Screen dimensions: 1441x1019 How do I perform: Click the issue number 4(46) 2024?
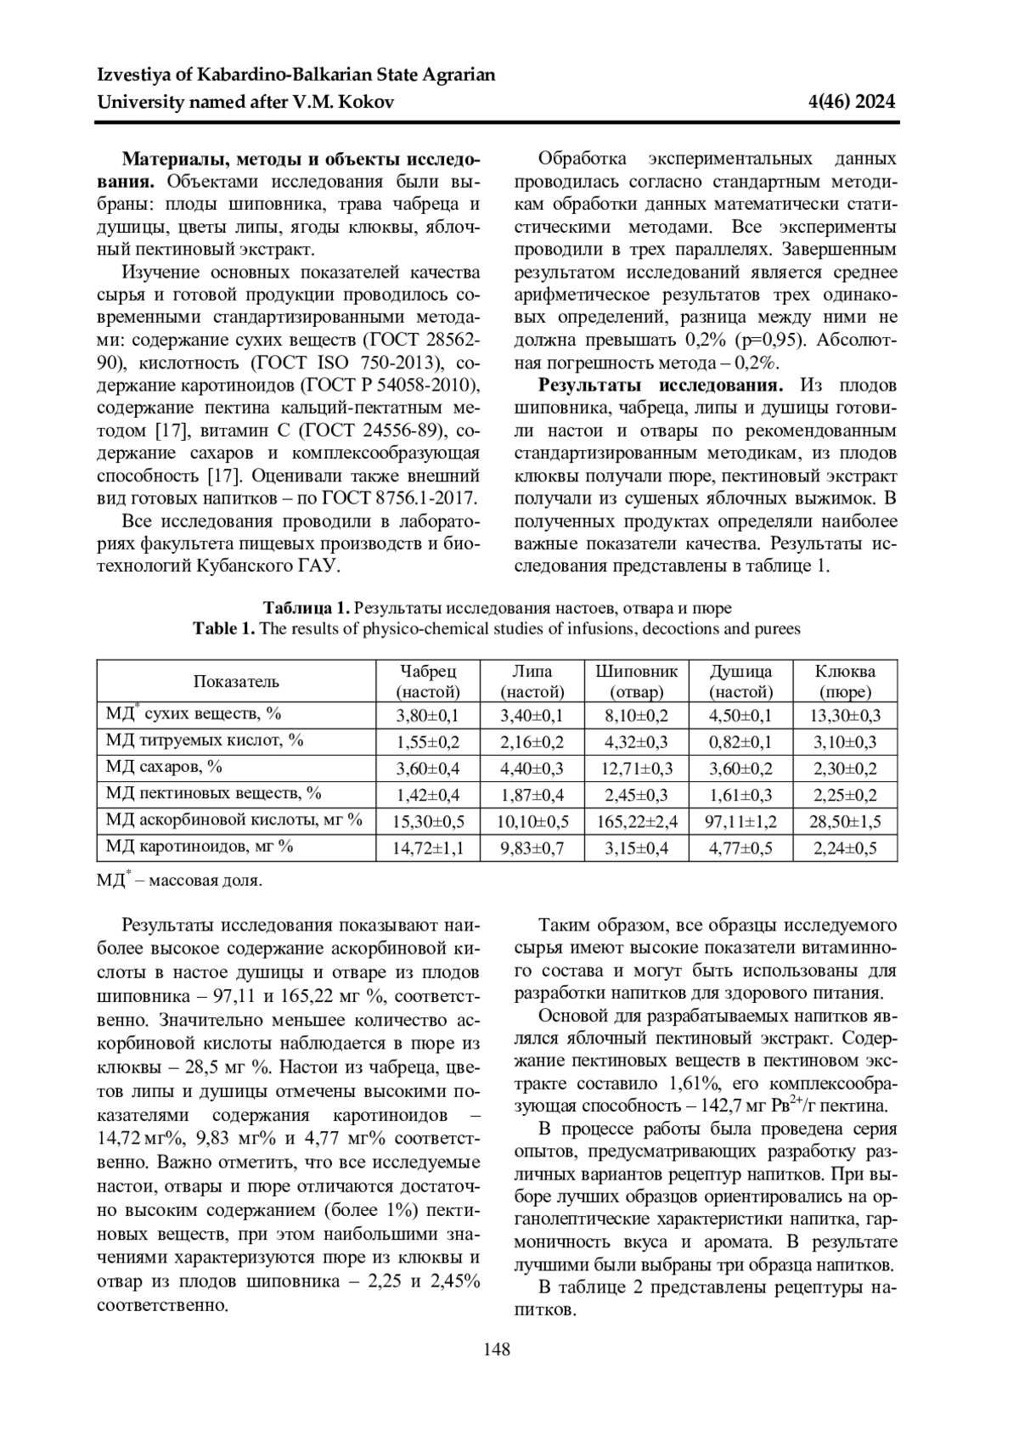click(853, 103)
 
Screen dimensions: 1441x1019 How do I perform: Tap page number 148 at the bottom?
click(497, 1348)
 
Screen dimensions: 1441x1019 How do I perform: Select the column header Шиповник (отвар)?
click(636, 681)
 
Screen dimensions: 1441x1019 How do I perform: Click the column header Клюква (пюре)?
click(845, 681)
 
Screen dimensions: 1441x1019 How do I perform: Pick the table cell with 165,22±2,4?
click(636, 821)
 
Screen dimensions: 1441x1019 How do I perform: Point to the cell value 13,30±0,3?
click(845, 715)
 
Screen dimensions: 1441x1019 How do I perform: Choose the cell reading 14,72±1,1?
click(428, 847)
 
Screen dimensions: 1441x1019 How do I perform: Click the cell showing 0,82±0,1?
click(740, 742)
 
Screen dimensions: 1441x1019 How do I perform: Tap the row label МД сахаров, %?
click(164, 767)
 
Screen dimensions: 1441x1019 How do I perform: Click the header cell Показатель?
click(236, 681)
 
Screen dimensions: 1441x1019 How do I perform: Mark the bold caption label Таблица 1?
click(307, 608)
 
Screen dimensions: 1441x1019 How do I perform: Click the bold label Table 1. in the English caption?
click(224, 629)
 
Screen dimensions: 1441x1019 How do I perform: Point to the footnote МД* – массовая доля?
click(180, 881)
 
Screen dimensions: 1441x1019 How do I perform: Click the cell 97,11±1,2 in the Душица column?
click(740, 821)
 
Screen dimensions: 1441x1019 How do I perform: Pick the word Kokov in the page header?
click(367, 103)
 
